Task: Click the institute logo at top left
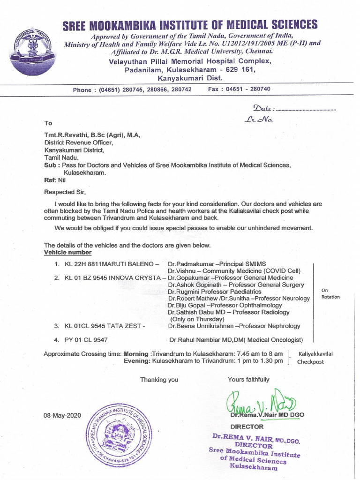(33, 51)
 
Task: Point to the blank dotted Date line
(306, 109)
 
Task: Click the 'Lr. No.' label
(258, 120)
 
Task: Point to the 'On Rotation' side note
(330, 294)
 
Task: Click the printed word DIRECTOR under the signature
(247, 427)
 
